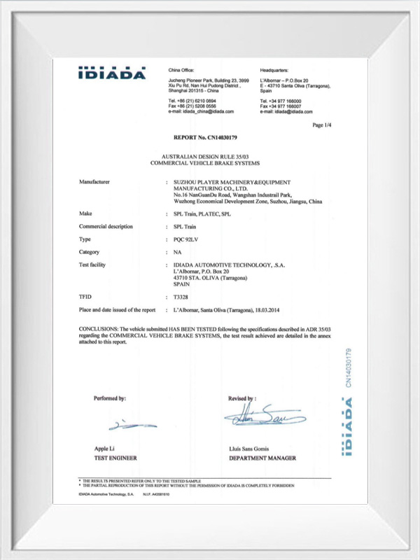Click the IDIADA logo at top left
[112, 73]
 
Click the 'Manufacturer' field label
[94, 182]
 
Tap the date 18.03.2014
[296, 309]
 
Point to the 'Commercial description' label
[108, 226]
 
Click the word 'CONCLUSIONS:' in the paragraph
[98, 328]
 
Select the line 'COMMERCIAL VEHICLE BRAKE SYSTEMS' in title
[204, 162]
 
